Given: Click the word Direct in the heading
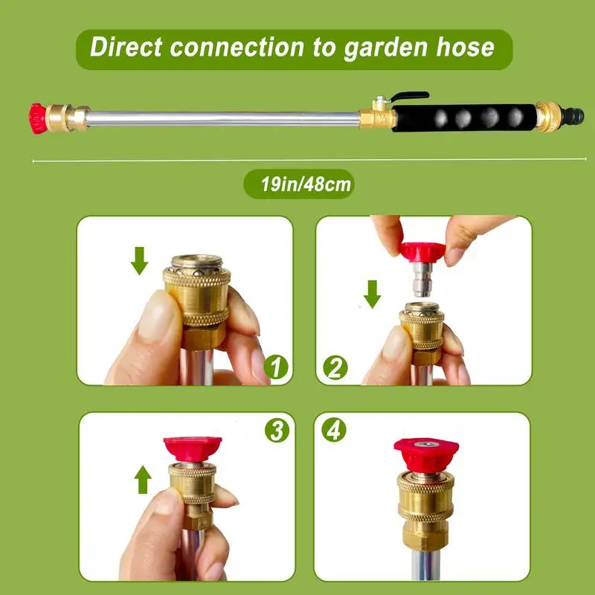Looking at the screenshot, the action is tap(126, 47).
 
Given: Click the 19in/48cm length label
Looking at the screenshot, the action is tap(306, 184).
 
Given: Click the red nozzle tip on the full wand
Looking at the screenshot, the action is tap(38, 119).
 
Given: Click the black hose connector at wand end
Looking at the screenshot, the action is tap(572, 117).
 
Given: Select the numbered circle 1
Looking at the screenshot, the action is tap(276, 367).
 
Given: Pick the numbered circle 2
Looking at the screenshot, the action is tap(335, 367).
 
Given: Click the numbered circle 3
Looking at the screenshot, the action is tap(277, 431).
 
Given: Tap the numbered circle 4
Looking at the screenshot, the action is tap(334, 430).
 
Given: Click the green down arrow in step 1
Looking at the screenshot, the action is tap(139, 261).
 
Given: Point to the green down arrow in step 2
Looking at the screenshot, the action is tap(373, 294).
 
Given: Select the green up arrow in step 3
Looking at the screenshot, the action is tap(143, 480).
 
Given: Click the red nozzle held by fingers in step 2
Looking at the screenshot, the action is tap(422, 251).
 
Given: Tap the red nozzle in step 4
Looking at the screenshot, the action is tap(426, 454).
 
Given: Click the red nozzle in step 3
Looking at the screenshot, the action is tap(193, 449).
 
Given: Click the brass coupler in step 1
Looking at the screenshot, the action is tap(197, 301).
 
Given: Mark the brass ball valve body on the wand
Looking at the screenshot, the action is tap(378, 116).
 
